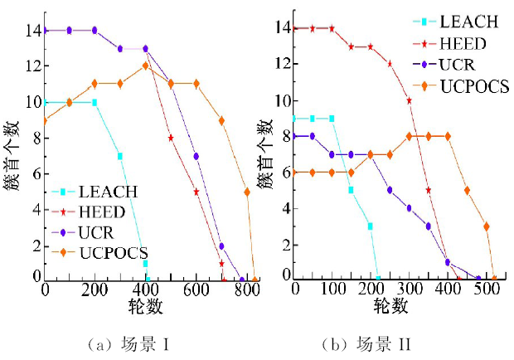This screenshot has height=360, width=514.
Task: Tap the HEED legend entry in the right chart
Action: [x=460, y=44]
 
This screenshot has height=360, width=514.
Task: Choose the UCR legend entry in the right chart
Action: [x=456, y=65]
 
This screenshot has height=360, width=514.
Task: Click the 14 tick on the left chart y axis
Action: [x=31, y=31]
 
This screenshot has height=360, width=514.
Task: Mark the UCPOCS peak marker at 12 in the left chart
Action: [x=145, y=66]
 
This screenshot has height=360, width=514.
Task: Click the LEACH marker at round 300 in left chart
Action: [x=120, y=155]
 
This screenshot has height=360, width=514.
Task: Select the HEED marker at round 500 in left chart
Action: [x=171, y=138]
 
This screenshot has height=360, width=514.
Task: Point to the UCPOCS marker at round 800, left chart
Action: [x=247, y=192]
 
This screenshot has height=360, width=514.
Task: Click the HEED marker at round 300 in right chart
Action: [x=410, y=100]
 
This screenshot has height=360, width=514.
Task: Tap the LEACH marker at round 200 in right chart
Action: [x=370, y=225]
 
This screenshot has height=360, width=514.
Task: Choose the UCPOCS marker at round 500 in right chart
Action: [x=487, y=226]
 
